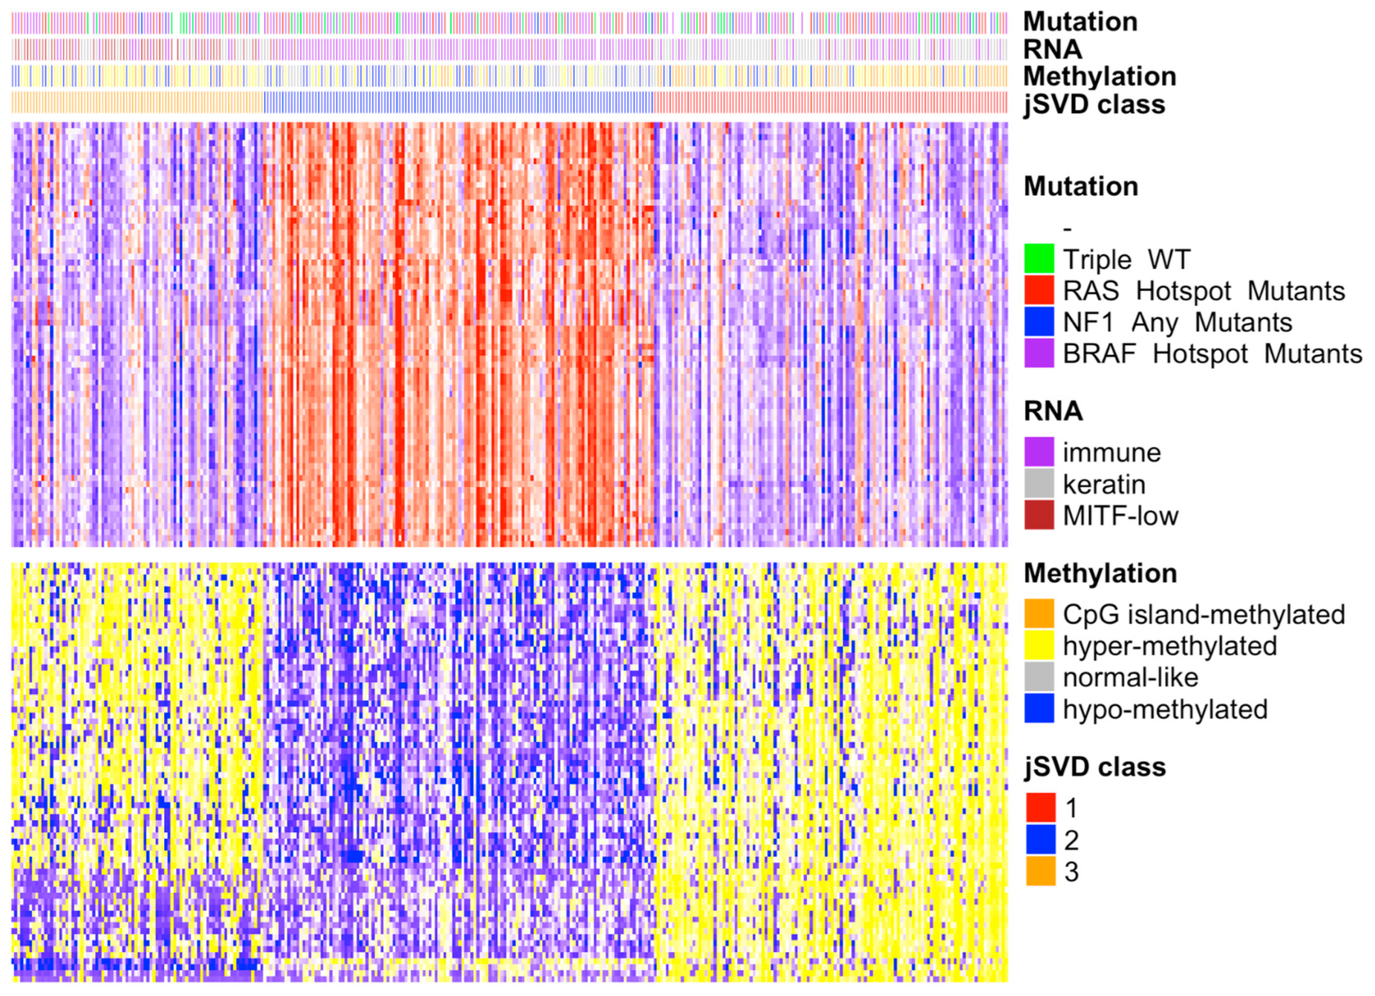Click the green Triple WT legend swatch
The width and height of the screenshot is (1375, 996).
click(x=1039, y=259)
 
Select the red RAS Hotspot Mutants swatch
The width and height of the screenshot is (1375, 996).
click(x=1039, y=290)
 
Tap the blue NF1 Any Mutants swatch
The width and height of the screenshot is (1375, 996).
click(x=1039, y=322)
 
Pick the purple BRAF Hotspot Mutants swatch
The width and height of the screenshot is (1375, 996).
click(x=1039, y=354)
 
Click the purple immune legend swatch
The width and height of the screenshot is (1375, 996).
click(x=1039, y=452)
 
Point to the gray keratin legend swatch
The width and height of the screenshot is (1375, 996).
click(x=1039, y=484)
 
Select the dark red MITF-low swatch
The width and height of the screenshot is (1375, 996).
click(x=1039, y=515)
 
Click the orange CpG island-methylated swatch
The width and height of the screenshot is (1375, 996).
click(x=1039, y=614)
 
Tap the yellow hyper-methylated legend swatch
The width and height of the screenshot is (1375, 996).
click(x=1039, y=646)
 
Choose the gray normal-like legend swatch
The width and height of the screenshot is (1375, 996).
click(x=1039, y=677)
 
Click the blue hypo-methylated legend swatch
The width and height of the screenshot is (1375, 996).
click(x=1039, y=709)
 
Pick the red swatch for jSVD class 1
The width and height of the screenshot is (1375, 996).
click(x=1040, y=807)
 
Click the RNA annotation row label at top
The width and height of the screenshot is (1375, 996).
click(x=1052, y=49)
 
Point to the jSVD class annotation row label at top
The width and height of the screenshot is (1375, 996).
click(x=1094, y=104)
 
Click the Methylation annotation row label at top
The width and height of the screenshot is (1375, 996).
click(x=1100, y=76)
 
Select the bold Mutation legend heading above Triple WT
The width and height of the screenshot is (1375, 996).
click(x=1081, y=186)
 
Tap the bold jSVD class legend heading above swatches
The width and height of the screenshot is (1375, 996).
click(x=1095, y=767)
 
